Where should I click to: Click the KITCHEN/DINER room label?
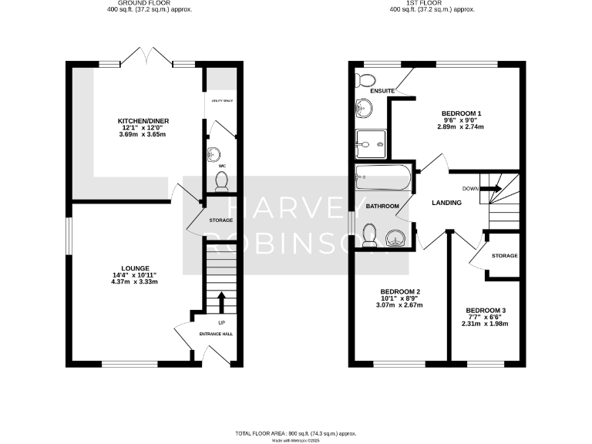(143, 121)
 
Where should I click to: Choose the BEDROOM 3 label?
(486, 310)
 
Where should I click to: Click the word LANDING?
(446, 203)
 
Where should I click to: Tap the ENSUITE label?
(382, 91)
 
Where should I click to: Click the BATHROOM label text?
(382, 207)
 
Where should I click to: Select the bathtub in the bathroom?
(383, 179)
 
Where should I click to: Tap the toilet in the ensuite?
(365, 79)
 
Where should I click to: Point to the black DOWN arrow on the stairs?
(491, 188)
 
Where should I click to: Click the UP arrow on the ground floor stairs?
(222, 301)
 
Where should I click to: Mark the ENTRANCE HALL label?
(217, 334)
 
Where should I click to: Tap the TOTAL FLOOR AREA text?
(297, 433)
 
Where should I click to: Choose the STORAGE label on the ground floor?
(220, 220)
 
